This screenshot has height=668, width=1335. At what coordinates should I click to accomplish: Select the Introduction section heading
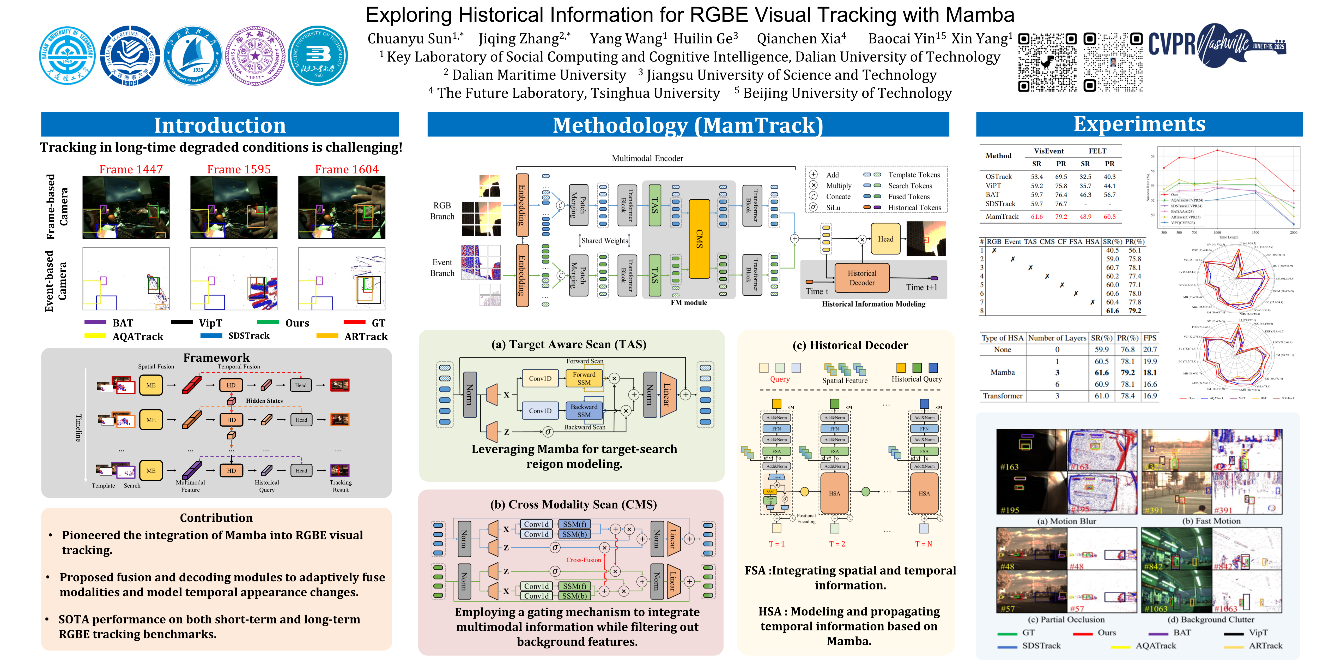220,125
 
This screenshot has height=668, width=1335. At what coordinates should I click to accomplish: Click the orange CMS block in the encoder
699,238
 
